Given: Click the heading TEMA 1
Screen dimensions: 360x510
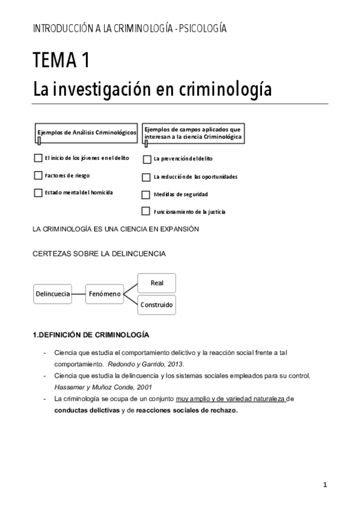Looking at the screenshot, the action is pos(63,61).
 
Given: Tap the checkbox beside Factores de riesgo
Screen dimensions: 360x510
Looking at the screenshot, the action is pos(38,176).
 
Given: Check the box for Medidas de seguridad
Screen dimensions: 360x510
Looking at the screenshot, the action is pos(145,195).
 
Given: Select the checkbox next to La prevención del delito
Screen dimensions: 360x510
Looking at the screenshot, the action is pos(146,159).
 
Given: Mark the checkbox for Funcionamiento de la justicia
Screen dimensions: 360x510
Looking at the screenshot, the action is pos(145,211).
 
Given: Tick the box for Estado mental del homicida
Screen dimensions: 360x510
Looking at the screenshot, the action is pos(38,192).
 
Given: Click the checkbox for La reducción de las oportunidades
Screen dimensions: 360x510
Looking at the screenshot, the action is pos(145,177).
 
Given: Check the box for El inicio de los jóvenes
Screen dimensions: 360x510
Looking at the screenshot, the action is pos(38,158).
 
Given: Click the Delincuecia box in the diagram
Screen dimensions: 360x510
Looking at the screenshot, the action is pos(52,293).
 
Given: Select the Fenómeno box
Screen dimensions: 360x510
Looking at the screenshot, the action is pos(105,293).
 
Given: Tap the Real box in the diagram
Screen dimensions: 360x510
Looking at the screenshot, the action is pos(157,282).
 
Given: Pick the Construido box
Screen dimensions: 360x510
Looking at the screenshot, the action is pos(157,305).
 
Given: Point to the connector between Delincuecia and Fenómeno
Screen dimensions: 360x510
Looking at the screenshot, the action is pos(78,293).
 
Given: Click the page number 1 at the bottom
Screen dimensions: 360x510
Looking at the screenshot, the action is pos(325,485).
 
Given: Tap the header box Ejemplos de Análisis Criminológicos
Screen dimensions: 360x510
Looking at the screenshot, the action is pos(87,132).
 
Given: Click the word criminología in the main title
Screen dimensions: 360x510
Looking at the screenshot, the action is pos(225,90).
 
